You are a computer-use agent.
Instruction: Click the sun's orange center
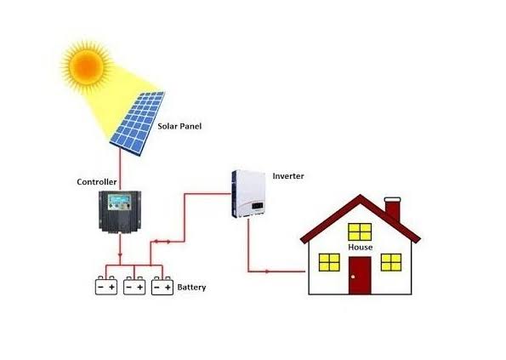point(87,67)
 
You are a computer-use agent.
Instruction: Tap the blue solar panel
point(138,123)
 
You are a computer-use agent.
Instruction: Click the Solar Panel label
point(179,126)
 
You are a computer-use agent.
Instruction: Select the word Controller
point(96,182)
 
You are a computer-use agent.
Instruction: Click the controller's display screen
point(119,198)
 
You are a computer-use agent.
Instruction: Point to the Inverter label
point(288,176)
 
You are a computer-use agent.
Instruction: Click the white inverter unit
point(248,194)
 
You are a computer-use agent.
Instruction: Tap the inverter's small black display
point(258,205)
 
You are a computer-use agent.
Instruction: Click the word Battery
point(191,287)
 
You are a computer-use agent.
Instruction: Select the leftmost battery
point(106,286)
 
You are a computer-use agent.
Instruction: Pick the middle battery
point(134,286)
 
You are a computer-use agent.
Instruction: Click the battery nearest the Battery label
point(162,286)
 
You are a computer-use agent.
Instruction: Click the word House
point(360,248)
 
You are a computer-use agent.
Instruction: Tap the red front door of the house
point(360,276)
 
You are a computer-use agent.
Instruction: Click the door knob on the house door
point(353,277)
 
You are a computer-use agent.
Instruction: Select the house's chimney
point(393,209)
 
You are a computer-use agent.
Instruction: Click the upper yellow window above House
point(360,231)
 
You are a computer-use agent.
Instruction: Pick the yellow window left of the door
point(329,262)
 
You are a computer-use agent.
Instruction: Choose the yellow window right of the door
point(391,262)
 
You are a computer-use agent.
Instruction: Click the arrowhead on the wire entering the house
point(267,271)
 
